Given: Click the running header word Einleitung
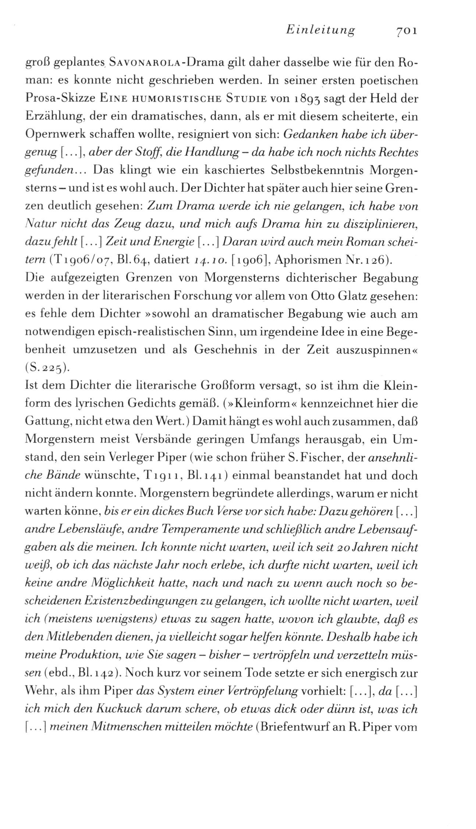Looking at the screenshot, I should click(320, 30).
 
